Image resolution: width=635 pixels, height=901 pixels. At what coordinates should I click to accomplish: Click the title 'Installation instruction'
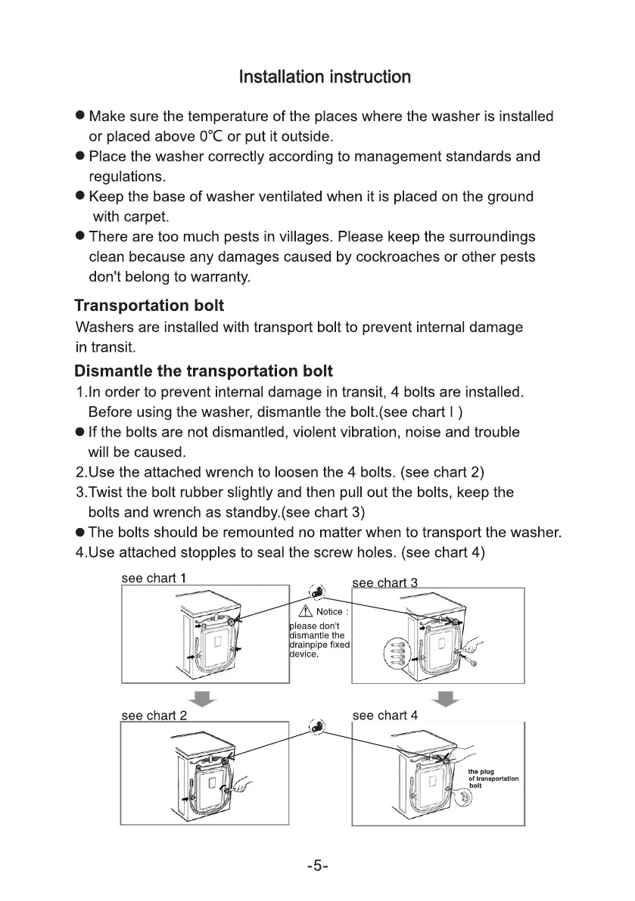(325, 77)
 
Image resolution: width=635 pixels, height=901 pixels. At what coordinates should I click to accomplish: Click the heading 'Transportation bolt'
(149, 306)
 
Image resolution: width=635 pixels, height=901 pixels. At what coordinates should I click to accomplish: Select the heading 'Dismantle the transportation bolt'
(204, 371)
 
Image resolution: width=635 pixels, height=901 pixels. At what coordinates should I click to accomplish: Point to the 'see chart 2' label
(154, 715)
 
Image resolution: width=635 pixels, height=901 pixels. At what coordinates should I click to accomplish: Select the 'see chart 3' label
(385, 583)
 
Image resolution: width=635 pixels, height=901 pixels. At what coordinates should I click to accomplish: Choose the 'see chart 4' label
(385, 715)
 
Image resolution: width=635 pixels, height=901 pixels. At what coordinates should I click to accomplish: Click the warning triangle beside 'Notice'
(306, 611)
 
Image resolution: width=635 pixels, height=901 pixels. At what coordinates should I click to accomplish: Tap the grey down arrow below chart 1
(204, 698)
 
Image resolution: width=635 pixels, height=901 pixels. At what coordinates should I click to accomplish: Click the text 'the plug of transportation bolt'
(493, 778)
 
